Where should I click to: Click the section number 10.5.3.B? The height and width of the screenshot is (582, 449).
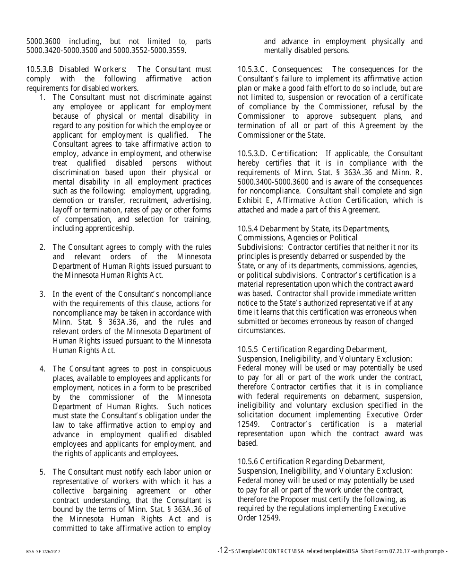41,70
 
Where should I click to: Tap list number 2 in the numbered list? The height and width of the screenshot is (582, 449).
43,247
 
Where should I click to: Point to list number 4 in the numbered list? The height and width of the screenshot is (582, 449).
43,369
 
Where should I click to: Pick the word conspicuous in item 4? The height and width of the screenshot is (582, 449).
190,369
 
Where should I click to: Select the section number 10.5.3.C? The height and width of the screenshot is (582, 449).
253,70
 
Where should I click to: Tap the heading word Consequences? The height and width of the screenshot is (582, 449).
298,70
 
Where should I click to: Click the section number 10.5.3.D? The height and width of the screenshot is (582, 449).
253,153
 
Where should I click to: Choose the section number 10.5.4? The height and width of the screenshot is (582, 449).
248,229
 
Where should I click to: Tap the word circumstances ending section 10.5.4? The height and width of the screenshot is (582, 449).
261,331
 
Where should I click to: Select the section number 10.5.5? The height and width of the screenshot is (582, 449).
248,349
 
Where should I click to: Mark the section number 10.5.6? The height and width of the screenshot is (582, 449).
248,461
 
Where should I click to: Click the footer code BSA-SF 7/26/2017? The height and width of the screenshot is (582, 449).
43,552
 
